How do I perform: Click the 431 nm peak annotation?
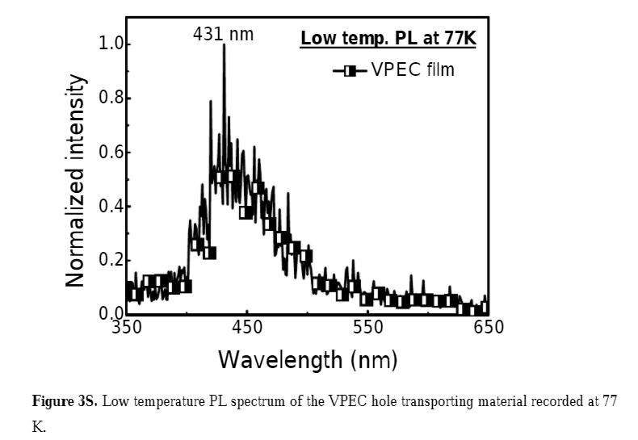pyautogui.click(x=223, y=35)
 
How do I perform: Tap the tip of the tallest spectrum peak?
pyautogui.click(x=224, y=45)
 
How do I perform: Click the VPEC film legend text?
pyautogui.click(x=413, y=70)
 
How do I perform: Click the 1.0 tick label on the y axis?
pyautogui.click(x=111, y=44)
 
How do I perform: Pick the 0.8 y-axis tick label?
pyautogui.click(x=111, y=98)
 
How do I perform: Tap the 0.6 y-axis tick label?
pyautogui.click(x=111, y=153)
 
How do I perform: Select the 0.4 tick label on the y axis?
pyautogui.click(x=111, y=207)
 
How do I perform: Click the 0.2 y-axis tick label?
pyautogui.click(x=111, y=261)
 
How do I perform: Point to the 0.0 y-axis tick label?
pyautogui.click(x=111, y=314)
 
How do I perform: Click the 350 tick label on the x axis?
pyautogui.click(x=127, y=328)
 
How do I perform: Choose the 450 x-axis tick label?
pyautogui.click(x=247, y=328)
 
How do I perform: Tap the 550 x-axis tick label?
pyautogui.click(x=368, y=328)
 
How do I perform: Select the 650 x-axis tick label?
pyautogui.click(x=488, y=328)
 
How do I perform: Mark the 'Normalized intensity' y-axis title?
pyautogui.click(x=76, y=181)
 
